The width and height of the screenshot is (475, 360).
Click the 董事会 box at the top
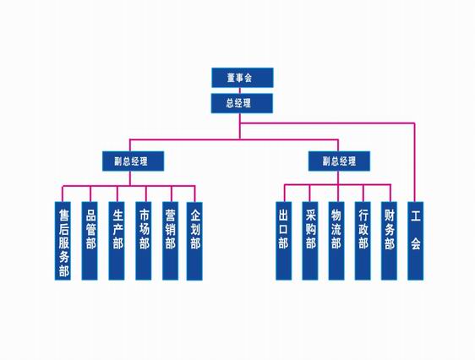(243, 78)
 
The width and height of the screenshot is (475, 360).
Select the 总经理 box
(242, 103)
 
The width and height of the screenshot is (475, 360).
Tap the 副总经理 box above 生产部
(133, 161)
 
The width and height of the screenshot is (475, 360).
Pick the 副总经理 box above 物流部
(339, 161)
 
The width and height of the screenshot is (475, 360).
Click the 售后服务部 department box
(63, 241)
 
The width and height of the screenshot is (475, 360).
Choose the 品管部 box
(90, 241)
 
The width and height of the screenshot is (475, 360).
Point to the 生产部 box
(117, 241)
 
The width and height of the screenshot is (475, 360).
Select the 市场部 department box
(144, 241)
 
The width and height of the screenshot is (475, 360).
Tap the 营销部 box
(170, 241)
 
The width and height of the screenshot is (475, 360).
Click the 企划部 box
(194, 241)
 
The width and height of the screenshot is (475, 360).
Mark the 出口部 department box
(283, 241)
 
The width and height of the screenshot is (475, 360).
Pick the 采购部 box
(310, 241)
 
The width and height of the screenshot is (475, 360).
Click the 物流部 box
(336, 241)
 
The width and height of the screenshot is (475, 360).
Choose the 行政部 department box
(363, 241)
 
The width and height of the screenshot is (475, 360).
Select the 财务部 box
(389, 241)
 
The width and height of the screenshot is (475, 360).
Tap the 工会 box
(415, 241)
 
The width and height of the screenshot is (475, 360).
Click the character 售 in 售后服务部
(63, 215)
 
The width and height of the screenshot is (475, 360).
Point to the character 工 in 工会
(416, 216)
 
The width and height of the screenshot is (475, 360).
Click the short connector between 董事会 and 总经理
(240, 90)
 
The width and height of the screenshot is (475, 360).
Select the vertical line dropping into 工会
(414, 162)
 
